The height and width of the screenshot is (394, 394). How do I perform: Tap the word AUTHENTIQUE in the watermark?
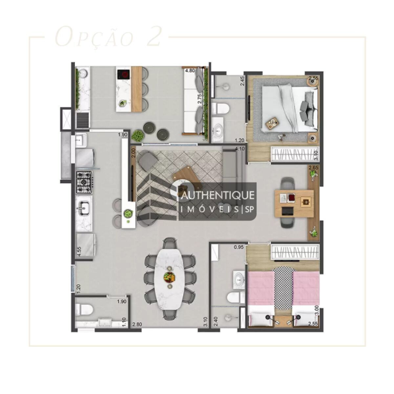click(218, 195)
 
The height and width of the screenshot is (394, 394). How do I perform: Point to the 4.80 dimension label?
click(189, 71)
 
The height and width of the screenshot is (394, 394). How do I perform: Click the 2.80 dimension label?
click(137, 325)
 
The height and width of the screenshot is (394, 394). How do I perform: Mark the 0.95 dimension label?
click(238, 248)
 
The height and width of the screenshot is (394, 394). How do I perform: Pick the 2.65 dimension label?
click(314, 168)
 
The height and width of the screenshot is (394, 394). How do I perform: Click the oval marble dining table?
click(169, 277)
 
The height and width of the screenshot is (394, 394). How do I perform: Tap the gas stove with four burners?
click(84, 182)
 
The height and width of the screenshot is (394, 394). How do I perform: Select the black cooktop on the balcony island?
click(123, 75)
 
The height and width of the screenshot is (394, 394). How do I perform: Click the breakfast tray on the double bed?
click(272, 123)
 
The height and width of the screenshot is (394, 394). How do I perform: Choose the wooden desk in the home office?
click(293, 202)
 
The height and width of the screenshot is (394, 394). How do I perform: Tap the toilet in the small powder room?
click(84, 309)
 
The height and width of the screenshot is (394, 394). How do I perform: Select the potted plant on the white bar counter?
click(128, 214)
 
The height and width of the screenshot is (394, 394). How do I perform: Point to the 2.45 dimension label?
click(242, 81)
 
